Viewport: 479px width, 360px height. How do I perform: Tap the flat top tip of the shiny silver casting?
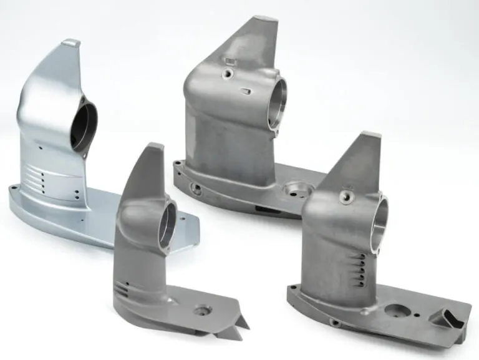pos(71,43)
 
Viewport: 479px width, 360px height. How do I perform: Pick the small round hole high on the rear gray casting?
pos(229,74)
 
